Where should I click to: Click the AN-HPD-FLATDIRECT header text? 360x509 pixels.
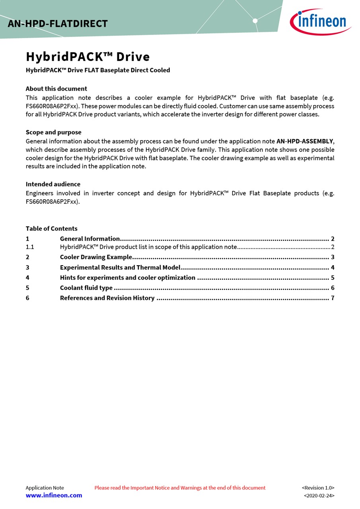click(x=58, y=24)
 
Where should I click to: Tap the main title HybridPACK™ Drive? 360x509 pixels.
click(x=88, y=57)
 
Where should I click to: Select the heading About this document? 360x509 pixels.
click(x=56, y=89)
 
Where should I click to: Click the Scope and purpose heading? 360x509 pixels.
click(x=53, y=132)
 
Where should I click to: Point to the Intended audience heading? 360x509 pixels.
click(x=53, y=184)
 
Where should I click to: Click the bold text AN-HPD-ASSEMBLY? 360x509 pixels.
click(x=304, y=141)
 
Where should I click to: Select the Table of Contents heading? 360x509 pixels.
click(x=51, y=229)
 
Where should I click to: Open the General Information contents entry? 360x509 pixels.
click(x=90, y=239)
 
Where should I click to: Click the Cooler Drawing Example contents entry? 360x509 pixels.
click(x=96, y=257)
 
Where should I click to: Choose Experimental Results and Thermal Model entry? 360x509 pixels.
click(x=120, y=268)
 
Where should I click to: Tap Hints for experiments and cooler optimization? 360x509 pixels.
click(x=127, y=278)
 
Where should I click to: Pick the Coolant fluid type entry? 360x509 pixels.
click(x=86, y=288)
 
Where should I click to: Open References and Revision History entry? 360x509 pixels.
click(x=107, y=298)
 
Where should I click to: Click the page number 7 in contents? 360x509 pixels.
click(x=333, y=298)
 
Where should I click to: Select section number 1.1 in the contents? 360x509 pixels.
click(x=30, y=247)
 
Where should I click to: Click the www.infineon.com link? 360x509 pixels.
click(x=54, y=495)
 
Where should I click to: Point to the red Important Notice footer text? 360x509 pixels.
click(x=180, y=488)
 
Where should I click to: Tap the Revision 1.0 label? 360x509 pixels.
click(x=318, y=488)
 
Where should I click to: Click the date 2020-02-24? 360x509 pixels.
click(x=319, y=496)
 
